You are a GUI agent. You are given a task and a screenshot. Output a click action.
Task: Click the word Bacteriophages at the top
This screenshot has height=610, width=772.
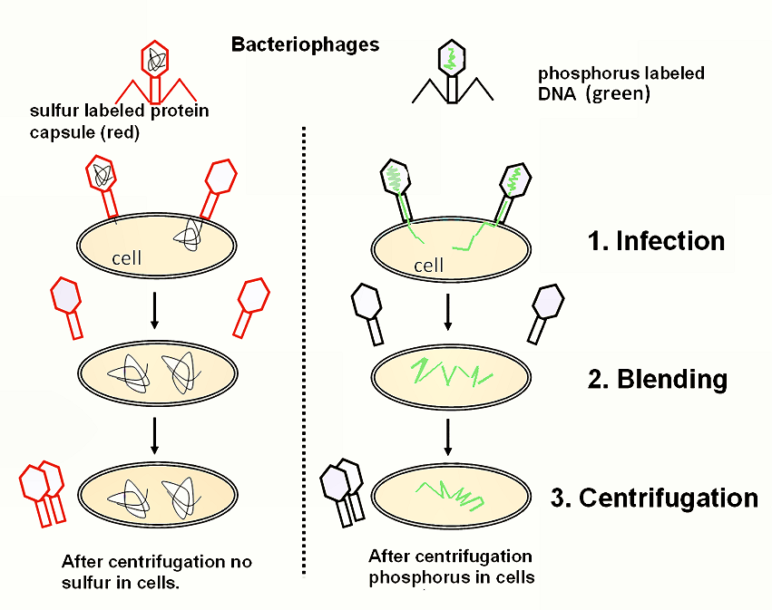305,44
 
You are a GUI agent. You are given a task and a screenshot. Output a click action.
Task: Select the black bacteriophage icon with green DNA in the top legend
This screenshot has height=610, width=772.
453,72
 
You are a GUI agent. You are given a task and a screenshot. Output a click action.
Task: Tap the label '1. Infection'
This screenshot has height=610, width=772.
658,241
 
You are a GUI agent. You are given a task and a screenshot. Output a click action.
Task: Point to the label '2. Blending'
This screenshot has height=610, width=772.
658,379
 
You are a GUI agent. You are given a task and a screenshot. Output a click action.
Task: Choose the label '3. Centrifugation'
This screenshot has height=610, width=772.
654,498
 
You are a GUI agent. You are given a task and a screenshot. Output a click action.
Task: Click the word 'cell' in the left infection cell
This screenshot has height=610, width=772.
126,258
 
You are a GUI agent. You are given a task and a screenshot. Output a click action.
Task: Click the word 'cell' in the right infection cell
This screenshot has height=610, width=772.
428,266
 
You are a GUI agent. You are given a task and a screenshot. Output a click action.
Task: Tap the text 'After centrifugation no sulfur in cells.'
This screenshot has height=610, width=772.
156,571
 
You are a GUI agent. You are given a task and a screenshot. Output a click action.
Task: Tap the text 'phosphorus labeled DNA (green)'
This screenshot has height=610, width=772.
621,83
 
